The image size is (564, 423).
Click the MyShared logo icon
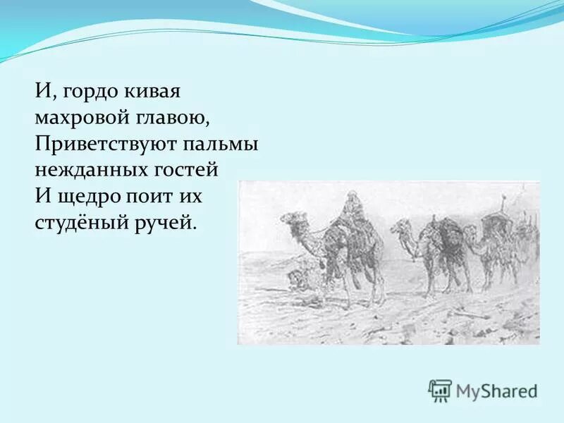[440, 391]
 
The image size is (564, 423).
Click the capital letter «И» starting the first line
[41, 92]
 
